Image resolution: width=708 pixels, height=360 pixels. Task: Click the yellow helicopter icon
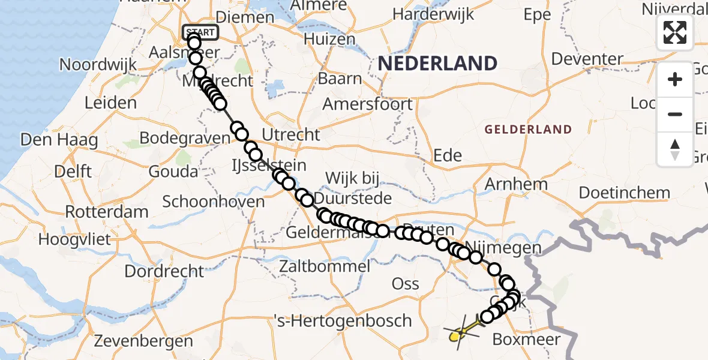[461, 332]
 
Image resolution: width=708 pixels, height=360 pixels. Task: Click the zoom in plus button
[675, 79]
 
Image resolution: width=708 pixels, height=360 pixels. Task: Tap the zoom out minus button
[675, 114]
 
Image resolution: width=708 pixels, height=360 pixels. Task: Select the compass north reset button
[675, 149]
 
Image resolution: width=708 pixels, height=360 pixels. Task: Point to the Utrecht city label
[291, 134]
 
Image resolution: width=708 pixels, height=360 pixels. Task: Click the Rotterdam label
[107, 212]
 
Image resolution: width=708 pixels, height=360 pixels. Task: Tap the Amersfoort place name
[368, 104]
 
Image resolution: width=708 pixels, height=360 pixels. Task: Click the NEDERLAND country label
[437, 63]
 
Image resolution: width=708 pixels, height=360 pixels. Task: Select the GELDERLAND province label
[528, 129]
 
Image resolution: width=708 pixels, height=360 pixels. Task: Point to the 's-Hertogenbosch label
[343, 320]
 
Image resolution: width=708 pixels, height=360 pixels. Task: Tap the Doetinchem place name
[624, 193]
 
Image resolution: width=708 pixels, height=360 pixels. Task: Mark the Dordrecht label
[162, 271]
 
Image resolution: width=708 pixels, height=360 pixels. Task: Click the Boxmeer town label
[526, 340]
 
